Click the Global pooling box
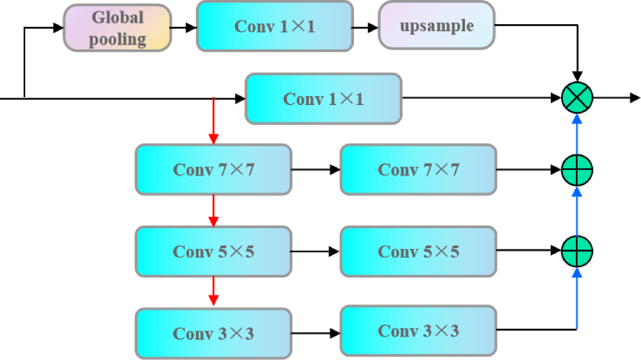coord(117,28)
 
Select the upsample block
coord(436,25)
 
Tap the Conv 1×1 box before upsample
coord(274,26)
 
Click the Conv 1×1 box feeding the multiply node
coord(323,99)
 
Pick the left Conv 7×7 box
coord(213,170)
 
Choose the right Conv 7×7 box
coord(418,170)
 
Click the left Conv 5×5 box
coord(213,251)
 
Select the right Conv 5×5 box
coord(418,251)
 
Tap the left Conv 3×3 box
coord(213,333)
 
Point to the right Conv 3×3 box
coord(418,331)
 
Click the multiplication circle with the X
coord(577,98)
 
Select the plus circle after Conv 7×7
coord(577,170)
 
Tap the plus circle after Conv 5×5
coord(577,251)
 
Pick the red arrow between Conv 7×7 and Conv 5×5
coord(213,210)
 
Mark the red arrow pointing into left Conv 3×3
coord(213,291)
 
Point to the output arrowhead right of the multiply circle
coord(634,98)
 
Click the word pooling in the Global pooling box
coord(117,39)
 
